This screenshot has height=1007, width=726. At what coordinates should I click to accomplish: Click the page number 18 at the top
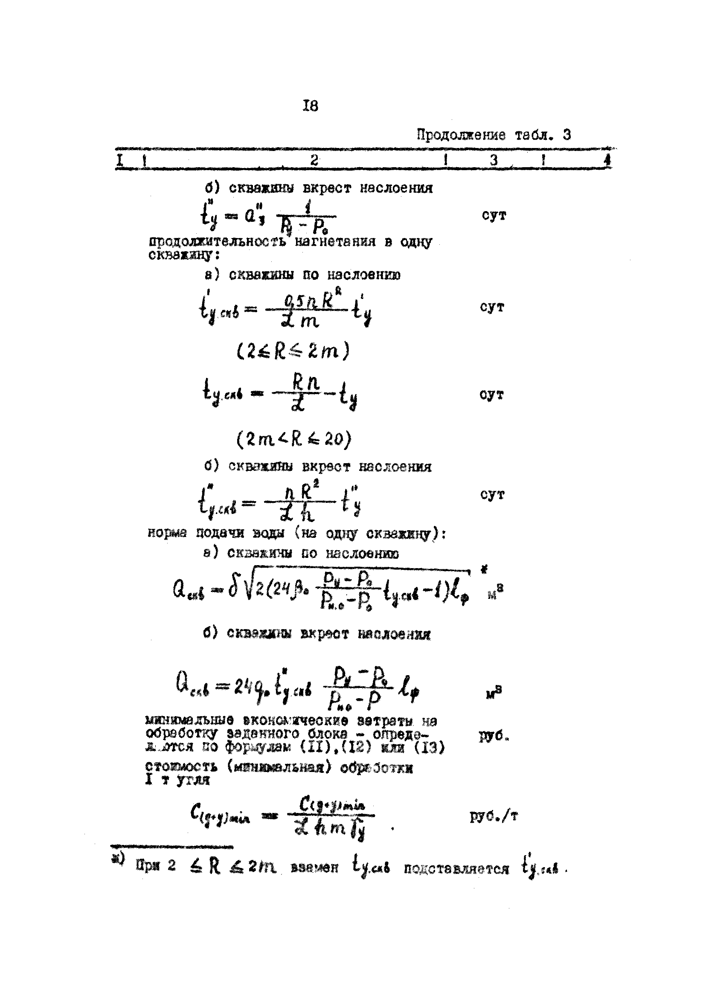(x=311, y=106)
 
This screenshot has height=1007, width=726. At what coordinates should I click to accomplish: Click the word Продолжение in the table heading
(x=461, y=135)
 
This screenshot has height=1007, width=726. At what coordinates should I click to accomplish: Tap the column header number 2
(x=314, y=160)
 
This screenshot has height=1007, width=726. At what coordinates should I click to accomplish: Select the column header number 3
(x=494, y=160)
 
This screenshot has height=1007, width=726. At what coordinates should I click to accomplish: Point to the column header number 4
(x=608, y=160)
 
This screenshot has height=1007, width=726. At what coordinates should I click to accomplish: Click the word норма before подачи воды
(x=169, y=533)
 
